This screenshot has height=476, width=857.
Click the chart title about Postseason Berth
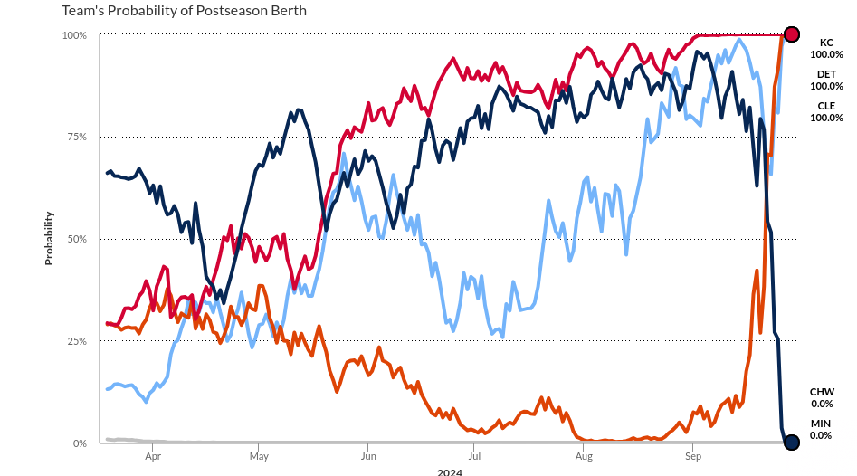tap(184, 11)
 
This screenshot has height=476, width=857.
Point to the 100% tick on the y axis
tap(74, 35)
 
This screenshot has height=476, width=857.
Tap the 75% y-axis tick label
tap(76, 138)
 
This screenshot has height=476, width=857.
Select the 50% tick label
tap(76, 240)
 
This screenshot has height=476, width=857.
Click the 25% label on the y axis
tap(76, 341)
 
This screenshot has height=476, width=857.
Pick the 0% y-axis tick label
tap(80, 443)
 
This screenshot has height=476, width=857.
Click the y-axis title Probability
tap(50, 238)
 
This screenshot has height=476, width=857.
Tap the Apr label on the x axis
tap(152, 458)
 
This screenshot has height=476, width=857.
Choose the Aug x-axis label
tap(583, 458)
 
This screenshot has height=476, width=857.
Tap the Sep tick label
tap(692, 458)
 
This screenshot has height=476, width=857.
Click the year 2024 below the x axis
tap(449, 471)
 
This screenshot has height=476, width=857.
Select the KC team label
tap(826, 43)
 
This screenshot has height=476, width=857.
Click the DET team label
tap(826, 74)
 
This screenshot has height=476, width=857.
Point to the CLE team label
tap(826, 106)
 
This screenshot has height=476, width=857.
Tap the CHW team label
tap(822, 392)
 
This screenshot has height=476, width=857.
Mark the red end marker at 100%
tap(791, 34)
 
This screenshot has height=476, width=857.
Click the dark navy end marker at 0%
tap(791, 443)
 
